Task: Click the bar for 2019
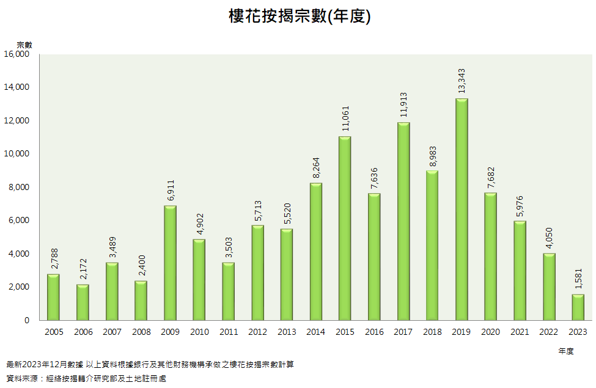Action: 462,209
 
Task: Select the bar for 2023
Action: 578,307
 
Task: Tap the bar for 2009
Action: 170,263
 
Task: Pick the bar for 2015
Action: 345,228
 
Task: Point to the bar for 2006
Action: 83,302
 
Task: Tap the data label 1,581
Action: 578,280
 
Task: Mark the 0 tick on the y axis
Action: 26,320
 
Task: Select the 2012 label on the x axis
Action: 257,332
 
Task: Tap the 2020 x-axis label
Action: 491,332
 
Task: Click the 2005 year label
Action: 54,332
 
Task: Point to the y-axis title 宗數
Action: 24,45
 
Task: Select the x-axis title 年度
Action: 565,351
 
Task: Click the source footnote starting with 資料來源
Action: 86,378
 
